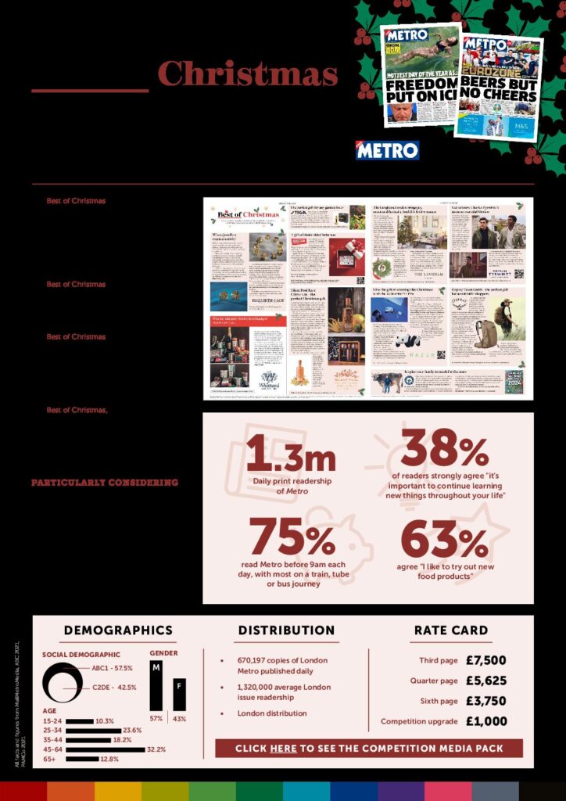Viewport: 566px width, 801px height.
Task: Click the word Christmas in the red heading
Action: click(248, 74)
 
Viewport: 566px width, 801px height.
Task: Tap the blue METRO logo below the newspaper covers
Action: click(387, 150)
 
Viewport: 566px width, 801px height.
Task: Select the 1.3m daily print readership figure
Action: click(291, 454)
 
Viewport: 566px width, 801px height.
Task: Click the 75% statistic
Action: click(291, 537)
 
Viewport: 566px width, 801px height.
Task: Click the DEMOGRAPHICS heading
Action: click(118, 630)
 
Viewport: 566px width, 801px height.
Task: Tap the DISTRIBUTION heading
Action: click(286, 630)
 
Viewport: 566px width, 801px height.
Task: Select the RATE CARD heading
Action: click(450, 630)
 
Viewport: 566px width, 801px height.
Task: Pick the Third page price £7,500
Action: click(485, 660)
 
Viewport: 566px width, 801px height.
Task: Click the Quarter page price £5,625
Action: click(485, 681)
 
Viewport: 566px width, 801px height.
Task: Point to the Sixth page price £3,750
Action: click(485, 701)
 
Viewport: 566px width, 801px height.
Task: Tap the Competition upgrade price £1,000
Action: click(485, 721)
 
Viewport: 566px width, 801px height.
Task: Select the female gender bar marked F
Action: click(179, 694)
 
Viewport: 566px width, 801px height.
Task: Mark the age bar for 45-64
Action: click(106, 749)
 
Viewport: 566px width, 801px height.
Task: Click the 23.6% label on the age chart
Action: click(138, 730)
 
